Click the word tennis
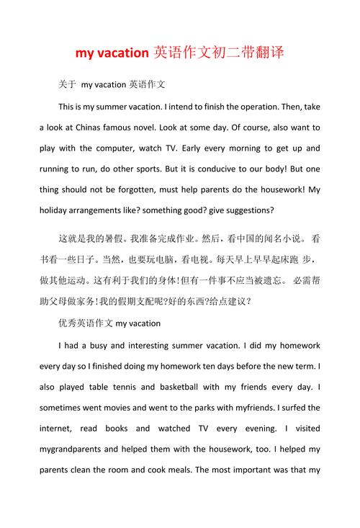[130, 386]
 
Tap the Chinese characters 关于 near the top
[67, 85]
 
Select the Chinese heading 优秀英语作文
[85, 323]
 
